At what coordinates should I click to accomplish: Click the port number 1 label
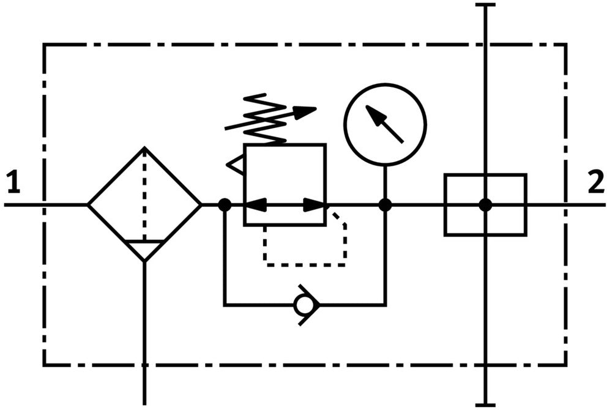coord(13,182)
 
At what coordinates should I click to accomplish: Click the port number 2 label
coord(596,182)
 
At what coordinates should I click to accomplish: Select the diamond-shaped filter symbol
coord(144,204)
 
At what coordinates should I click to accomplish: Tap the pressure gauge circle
coord(385,84)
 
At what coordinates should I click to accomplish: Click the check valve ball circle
coord(303,305)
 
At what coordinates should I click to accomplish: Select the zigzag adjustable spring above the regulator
coord(266,119)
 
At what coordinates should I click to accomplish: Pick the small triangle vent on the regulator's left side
coord(235,164)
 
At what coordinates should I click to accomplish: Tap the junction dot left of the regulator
coord(225,204)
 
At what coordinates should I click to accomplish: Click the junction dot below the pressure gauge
coord(385,204)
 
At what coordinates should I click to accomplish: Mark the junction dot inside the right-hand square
coord(485,204)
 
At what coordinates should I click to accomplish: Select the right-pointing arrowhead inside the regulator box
coord(314,204)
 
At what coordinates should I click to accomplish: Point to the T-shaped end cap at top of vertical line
coord(485,5)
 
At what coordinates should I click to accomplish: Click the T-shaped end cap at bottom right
coord(485,405)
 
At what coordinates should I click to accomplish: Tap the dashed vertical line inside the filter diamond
coord(144,195)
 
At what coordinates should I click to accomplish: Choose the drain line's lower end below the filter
coord(144,404)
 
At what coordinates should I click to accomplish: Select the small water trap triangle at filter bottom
coord(144,250)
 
